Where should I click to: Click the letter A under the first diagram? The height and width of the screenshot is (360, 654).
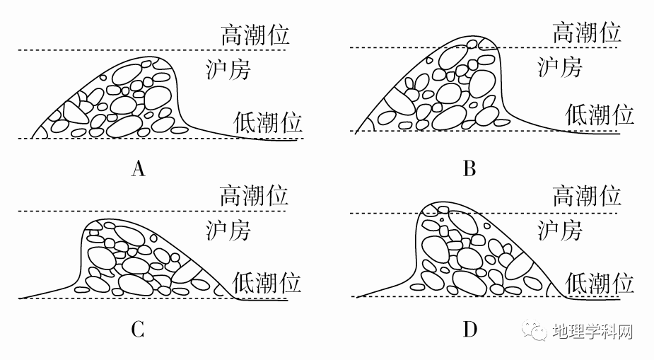pos(139,169)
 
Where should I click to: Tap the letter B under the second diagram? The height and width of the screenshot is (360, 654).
pos(469,169)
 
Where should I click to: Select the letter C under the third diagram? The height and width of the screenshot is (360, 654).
pos(138,329)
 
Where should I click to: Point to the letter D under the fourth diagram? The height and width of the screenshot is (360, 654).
pos(470,329)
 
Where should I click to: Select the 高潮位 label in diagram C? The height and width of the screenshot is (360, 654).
pos(254,195)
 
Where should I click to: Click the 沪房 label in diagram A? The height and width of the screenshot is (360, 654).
pos(228,69)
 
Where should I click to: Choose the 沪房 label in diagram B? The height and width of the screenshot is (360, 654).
pos(560,67)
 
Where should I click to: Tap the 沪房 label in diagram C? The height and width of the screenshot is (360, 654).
pos(228,230)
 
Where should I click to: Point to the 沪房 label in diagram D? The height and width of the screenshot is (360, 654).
pos(560,231)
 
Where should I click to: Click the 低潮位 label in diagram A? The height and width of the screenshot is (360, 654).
pos(268,123)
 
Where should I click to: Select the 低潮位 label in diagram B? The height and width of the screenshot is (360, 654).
pos(600,113)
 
